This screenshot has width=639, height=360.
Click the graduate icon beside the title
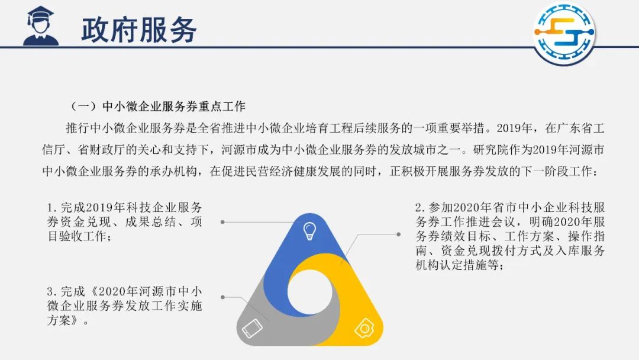coord(41,25)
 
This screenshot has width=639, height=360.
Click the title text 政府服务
coord(139,30)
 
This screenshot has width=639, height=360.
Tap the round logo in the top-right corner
coord(564,33)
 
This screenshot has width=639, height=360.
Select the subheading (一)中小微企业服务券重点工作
coord(158,107)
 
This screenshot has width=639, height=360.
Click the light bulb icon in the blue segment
coord(309,231)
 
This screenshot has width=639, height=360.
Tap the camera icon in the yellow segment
coord(364,328)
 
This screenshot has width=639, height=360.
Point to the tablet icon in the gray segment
coord(252,328)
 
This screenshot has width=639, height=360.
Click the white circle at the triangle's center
coord(310,291)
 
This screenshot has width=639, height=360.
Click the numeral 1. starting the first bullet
coord(52,208)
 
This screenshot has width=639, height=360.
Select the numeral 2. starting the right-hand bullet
coord(421,208)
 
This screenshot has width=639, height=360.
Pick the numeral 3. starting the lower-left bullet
coord(52,292)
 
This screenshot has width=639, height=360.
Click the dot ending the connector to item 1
coord(222,222)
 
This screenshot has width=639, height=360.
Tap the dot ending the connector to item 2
coord(399,234)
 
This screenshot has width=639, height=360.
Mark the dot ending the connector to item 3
coord(222,297)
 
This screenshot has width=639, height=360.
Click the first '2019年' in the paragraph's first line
coord(514,128)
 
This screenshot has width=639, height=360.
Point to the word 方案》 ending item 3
coord(63,320)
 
